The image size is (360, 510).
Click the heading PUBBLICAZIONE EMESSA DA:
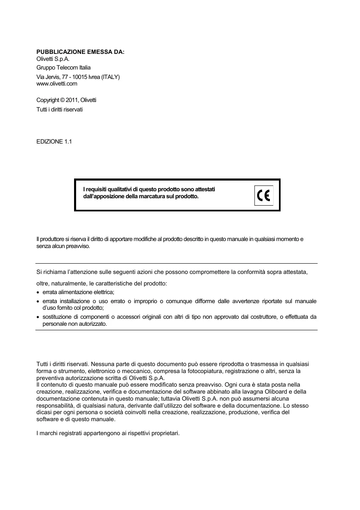click(80, 52)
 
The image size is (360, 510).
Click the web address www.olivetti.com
click(57, 83)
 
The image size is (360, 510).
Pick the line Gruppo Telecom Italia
click(64, 67)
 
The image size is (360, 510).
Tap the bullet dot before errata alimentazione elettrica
click(38, 292)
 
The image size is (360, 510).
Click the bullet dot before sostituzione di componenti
click(38, 317)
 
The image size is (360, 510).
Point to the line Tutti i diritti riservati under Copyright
click(60, 109)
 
